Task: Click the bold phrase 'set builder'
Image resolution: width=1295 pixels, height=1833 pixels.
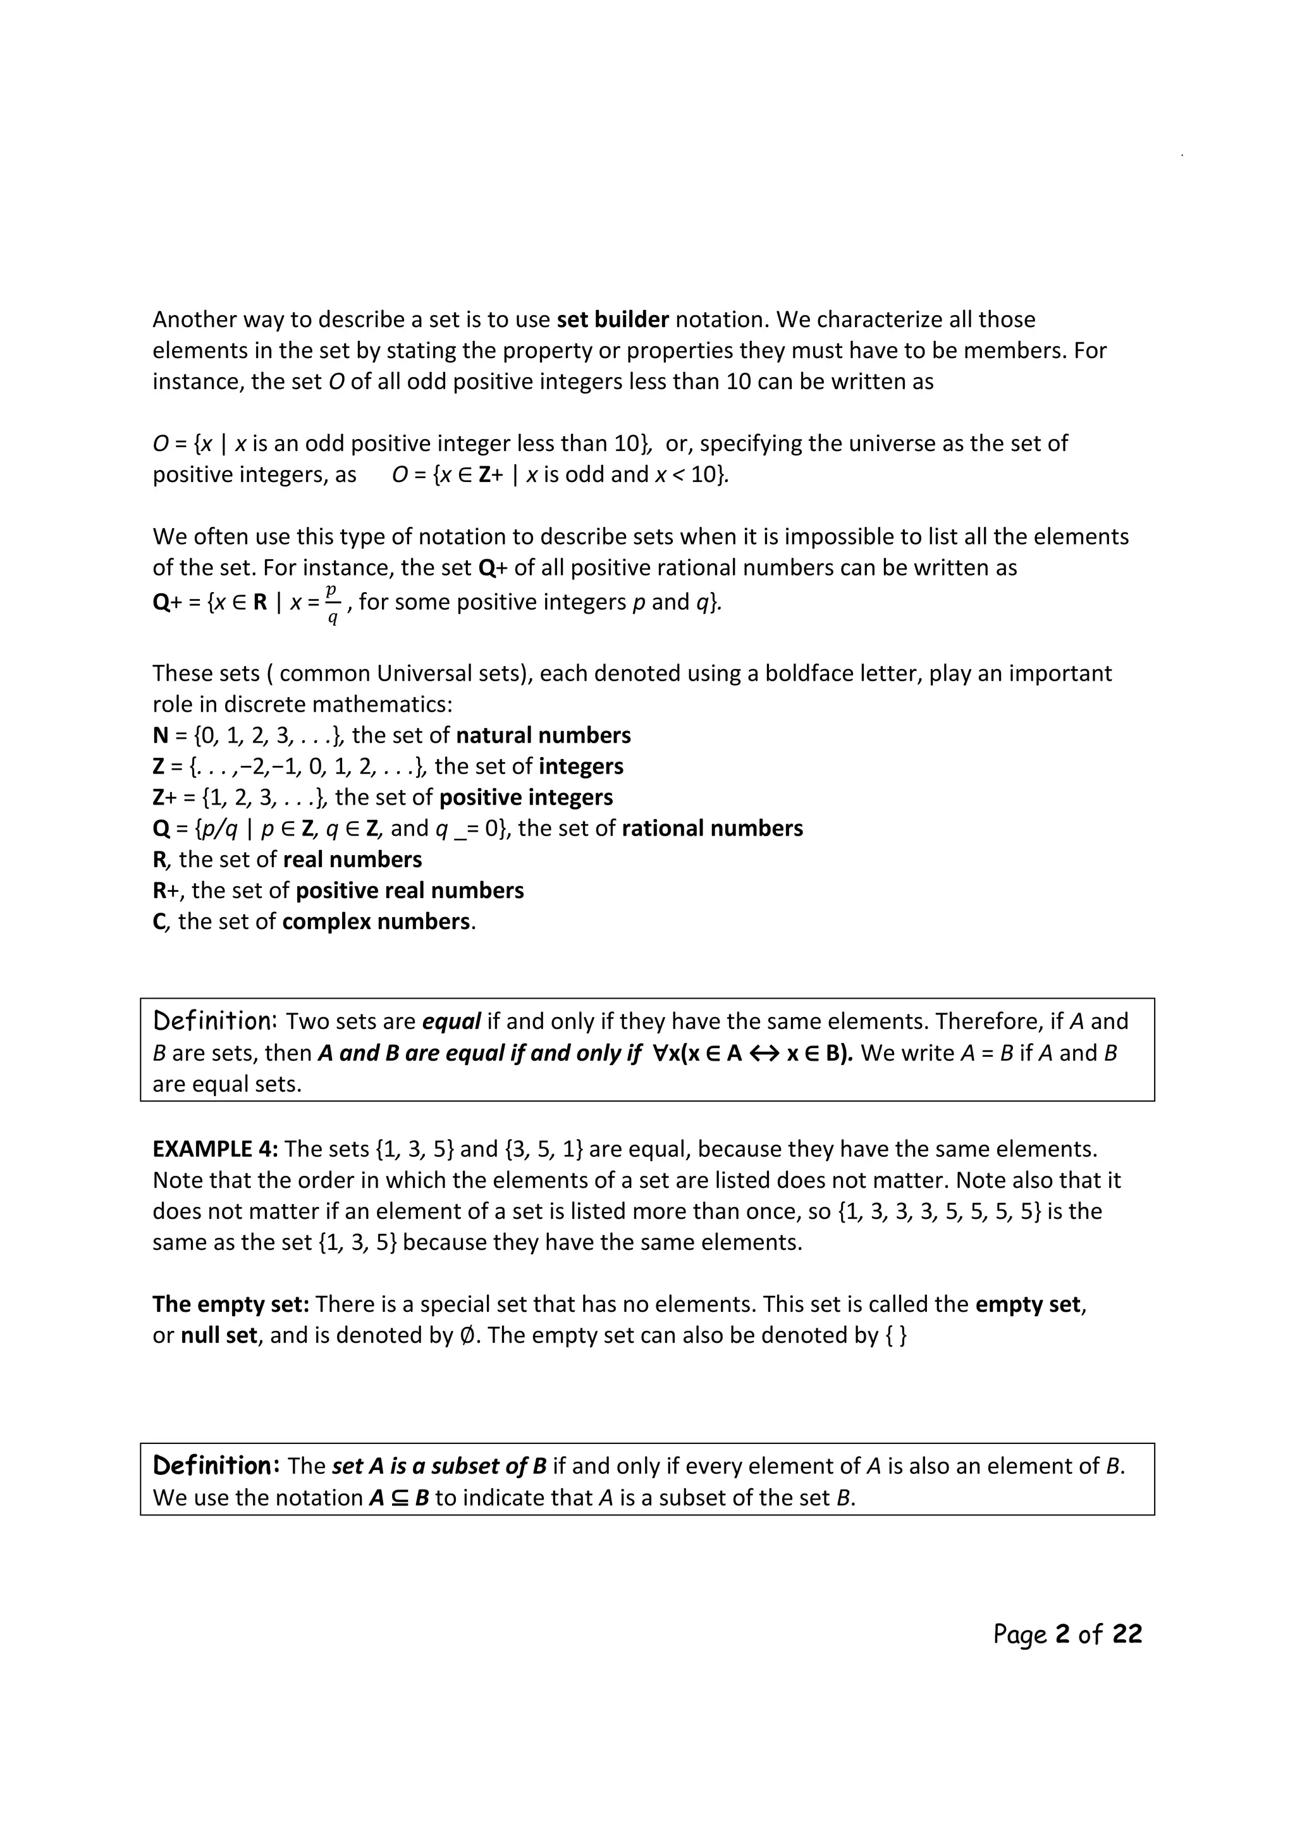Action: click(x=612, y=320)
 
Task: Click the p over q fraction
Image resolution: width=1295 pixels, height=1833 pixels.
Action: click(x=332, y=604)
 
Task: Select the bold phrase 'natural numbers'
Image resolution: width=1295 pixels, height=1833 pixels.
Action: click(x=543, y=735)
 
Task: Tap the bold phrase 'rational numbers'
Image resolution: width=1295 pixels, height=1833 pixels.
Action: click(x=712, y=829)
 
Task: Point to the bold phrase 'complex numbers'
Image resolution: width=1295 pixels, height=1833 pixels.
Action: click(x=376, y=922)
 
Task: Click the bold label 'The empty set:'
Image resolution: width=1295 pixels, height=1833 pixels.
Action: click(x=231, y=1304)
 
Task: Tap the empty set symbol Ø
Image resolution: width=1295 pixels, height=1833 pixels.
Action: click(x=469, y=1336)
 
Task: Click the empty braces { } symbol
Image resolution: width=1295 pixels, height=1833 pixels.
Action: click(x=896, y=1336)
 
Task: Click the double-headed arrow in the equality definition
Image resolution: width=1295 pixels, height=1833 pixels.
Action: click(x=764, y=1054)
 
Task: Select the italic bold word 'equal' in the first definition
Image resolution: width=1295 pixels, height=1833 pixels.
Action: click(x=451, y=1022)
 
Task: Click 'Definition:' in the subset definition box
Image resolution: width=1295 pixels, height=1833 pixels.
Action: click(x=216, y=1466)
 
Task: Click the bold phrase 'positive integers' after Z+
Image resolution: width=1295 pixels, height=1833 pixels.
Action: click(x=526, y=798)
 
